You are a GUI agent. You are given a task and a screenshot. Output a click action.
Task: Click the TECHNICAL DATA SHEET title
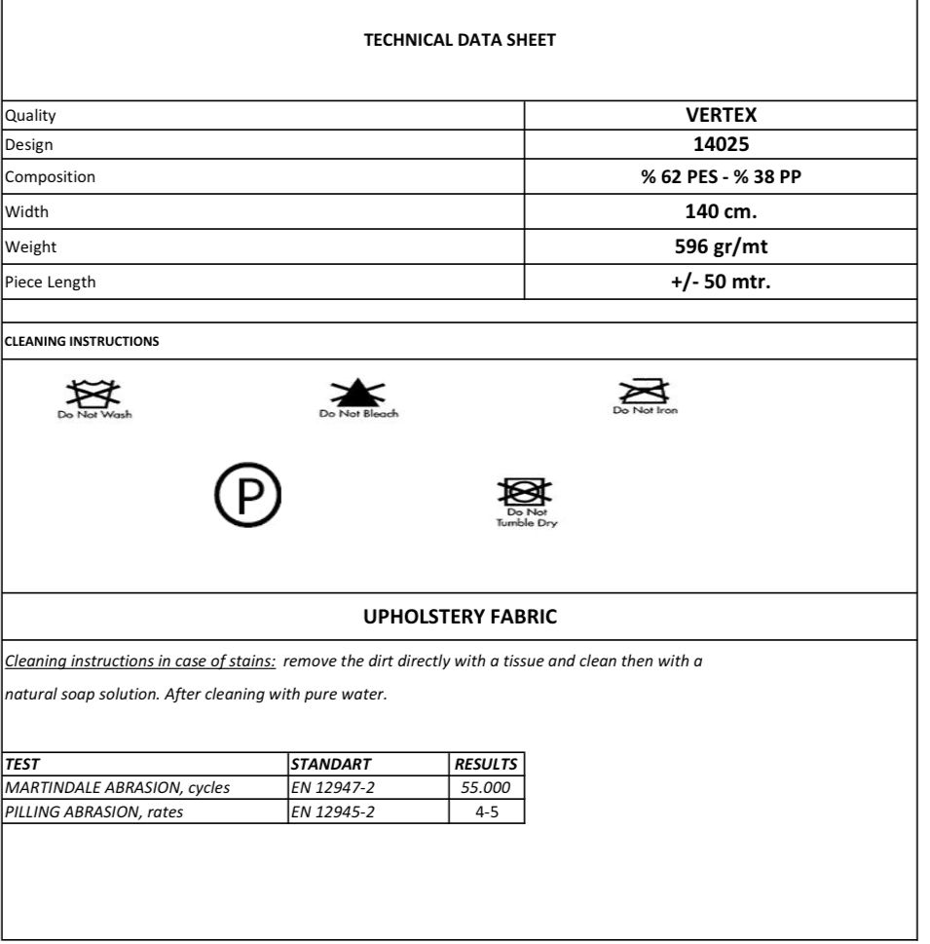coord(460,40)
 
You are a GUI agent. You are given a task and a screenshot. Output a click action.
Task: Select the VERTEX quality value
coord(721,115)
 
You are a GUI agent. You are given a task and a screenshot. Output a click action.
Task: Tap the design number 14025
coord(721,145)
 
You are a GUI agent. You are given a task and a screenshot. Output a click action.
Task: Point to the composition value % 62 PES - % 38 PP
coord(721,177)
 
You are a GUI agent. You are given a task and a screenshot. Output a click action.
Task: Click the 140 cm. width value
coord(721,211)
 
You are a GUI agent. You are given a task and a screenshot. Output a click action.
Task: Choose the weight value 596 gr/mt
coord(721,246)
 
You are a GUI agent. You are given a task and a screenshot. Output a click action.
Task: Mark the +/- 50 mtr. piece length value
coord(721,283)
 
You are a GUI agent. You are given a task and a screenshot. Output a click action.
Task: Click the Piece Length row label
coord(51,283)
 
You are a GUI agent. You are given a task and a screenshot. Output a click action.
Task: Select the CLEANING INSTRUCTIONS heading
coord(82,342)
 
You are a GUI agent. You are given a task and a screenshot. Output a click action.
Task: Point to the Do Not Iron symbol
coord(645,392)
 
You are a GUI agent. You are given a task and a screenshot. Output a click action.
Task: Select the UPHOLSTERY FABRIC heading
coord(460,617)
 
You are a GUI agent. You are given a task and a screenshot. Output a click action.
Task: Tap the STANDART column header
coord(331,765)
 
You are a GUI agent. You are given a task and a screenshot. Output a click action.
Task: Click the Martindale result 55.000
coord(487,787)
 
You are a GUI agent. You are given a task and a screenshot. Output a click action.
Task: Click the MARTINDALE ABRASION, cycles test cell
coord(118,787)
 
